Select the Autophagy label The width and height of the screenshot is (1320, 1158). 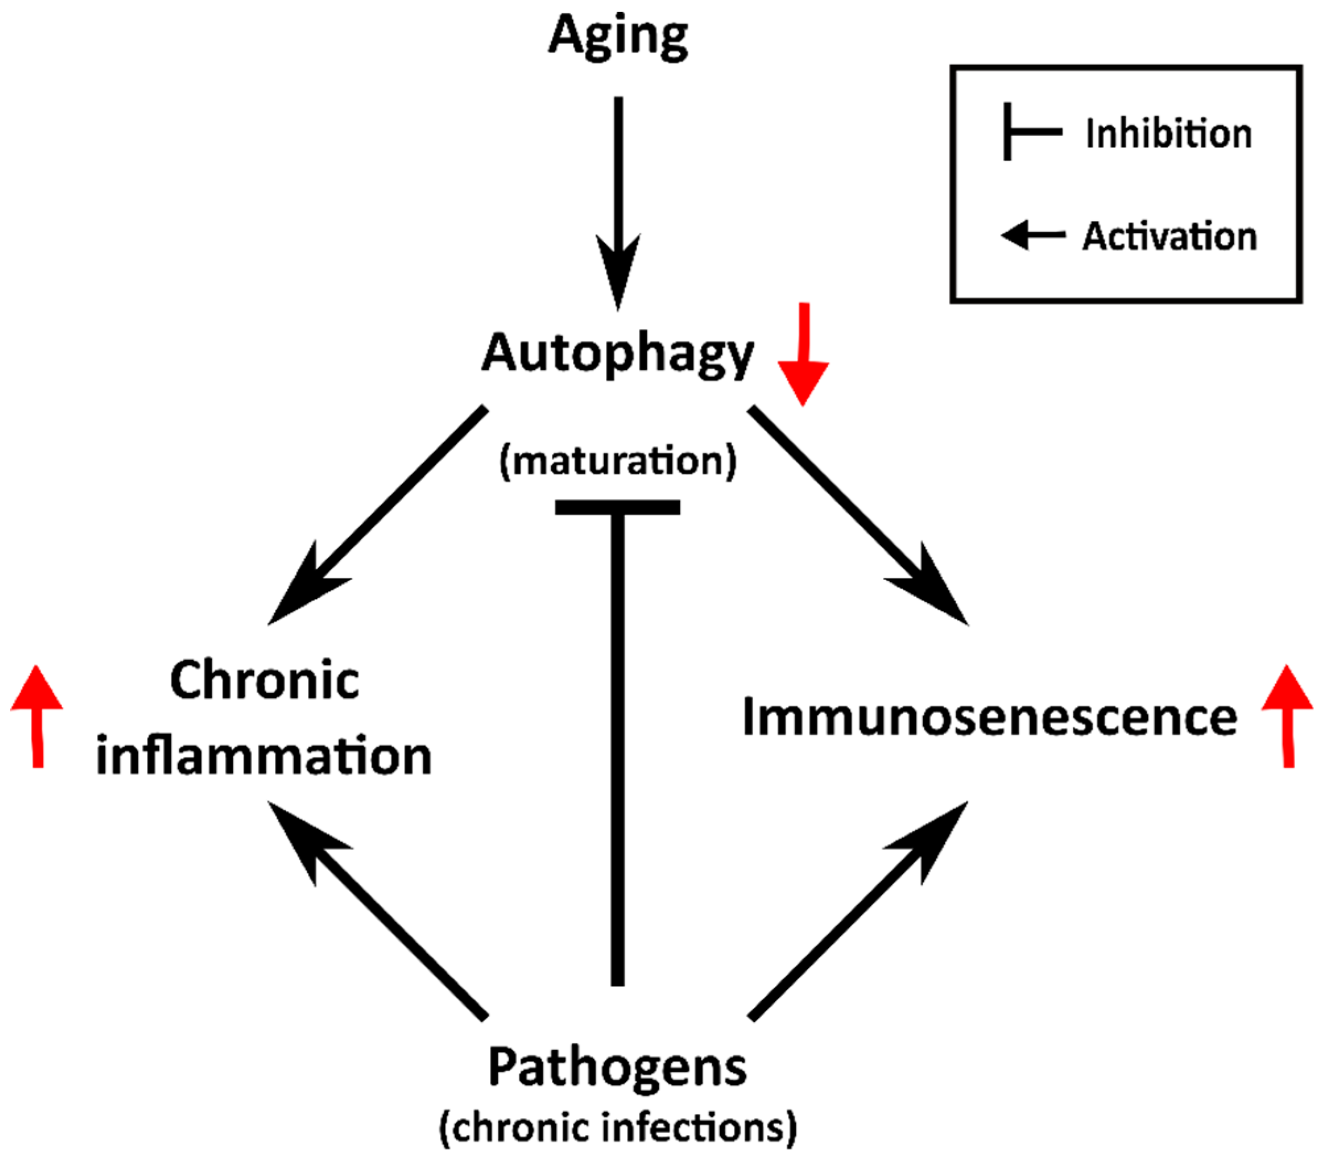point(618,354)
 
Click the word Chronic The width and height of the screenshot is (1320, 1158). point(264,681)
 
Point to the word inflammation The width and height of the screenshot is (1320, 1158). point(264,756)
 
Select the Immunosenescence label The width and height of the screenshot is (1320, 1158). point(989,717)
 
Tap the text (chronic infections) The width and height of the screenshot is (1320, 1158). point(618,1128)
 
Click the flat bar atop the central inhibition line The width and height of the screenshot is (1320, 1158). point(618,507)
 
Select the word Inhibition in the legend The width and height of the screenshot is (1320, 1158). point(1168,134)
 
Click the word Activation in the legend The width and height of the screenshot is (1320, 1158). point(1169,236)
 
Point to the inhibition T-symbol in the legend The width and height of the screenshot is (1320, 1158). point(1030,132)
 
